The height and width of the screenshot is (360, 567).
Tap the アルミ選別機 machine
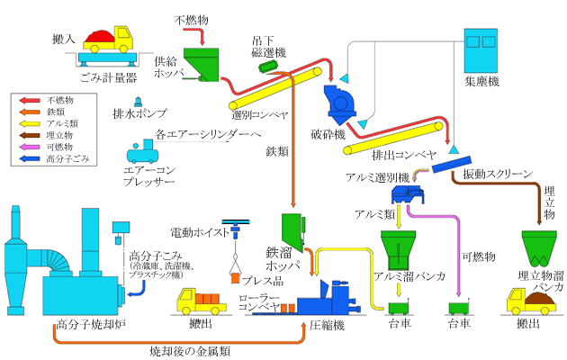[x=406, y=192]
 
